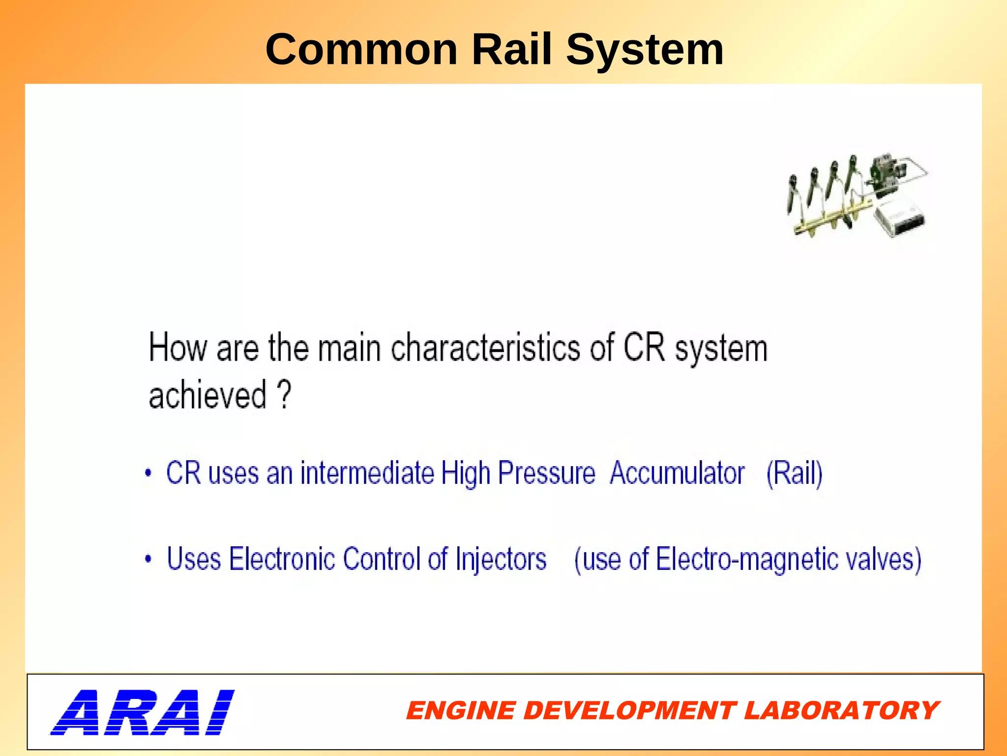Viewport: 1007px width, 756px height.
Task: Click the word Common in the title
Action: point(361,50)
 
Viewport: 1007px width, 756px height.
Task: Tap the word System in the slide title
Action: point(645,50)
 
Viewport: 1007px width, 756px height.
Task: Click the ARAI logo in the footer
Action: point(142,712)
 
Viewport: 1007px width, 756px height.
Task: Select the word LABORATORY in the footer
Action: point(841,711)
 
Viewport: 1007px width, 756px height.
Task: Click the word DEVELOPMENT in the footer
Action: point(630,711)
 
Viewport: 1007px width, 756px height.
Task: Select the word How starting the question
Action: point(178,348)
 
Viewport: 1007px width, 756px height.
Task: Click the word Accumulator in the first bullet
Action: point(677,473)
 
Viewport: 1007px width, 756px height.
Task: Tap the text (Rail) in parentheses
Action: point(794,473)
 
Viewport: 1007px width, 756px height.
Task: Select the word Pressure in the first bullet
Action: point(546,473)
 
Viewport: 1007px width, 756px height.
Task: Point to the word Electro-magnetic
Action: point(747,559)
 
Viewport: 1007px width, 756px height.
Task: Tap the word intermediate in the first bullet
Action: point(367,473)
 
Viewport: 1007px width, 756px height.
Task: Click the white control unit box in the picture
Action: point(899,218)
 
